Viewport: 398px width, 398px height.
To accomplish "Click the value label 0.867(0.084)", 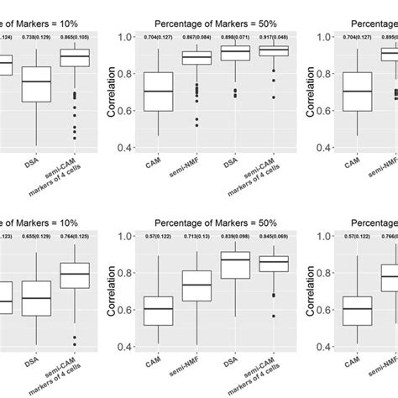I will click(x=197, y=38).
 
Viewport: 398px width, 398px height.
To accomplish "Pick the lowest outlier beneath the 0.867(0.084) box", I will click(x=197, y=124).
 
